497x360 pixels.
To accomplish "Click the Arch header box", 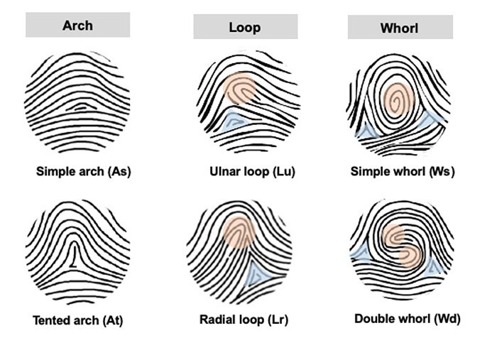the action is (77, 25).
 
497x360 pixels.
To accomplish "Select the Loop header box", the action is (246, 26).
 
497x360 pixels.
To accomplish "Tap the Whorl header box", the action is (400, 27).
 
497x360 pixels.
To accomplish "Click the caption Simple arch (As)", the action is (83, 171).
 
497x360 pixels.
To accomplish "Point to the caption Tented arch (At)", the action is (77, 320).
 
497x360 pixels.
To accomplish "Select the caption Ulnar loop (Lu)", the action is (252, 171).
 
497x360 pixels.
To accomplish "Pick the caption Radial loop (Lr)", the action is (244, 320).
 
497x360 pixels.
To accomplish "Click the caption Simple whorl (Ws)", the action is (403, 171).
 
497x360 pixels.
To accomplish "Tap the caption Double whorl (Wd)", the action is (408, 319).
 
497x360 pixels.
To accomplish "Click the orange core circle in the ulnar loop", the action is (239, 89).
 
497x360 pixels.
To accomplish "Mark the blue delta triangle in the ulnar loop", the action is (233, 120).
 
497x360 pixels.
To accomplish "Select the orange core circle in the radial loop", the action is (239, 231).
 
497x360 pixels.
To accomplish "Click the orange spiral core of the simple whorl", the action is (399, 100).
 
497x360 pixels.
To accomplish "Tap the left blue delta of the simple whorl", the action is (368, 131).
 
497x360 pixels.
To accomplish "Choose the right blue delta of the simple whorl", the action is (430, 119).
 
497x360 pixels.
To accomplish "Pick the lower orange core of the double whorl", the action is (410, 256).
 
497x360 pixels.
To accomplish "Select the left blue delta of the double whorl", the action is (361, 252).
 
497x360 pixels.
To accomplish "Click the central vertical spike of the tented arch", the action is (74, 253).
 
